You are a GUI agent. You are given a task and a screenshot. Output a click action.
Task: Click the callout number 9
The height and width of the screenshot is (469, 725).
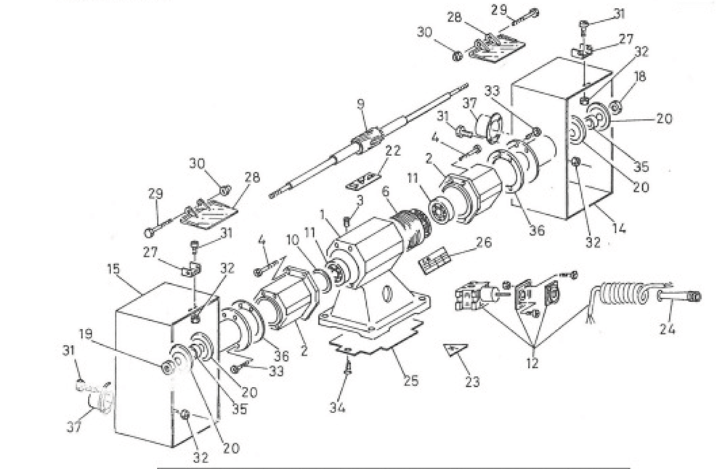(x=361, y=105)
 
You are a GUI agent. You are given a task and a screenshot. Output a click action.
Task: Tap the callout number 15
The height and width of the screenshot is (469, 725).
(x=113, y=269)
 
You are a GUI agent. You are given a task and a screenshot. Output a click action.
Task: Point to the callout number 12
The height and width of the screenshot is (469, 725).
(x=532, y=364)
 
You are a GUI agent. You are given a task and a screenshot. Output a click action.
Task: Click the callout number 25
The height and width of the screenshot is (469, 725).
(x=410, y=380)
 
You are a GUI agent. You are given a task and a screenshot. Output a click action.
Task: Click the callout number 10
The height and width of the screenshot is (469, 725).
(x=291, y=239)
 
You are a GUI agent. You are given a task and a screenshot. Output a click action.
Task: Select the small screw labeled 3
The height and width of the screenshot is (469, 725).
(x=347, y=220)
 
